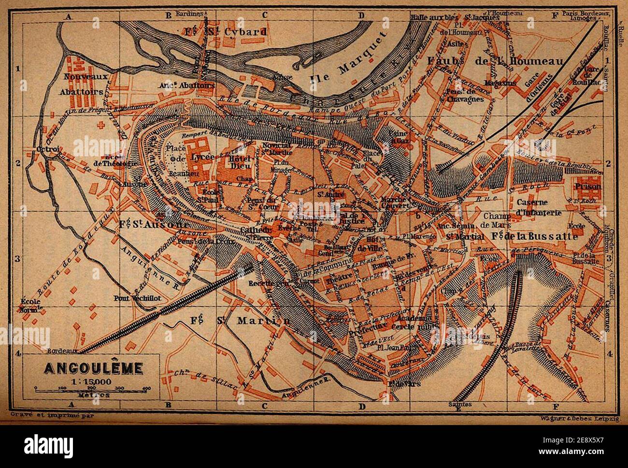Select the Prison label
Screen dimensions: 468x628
[588, 186]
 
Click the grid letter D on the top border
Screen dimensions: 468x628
[361, 15]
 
